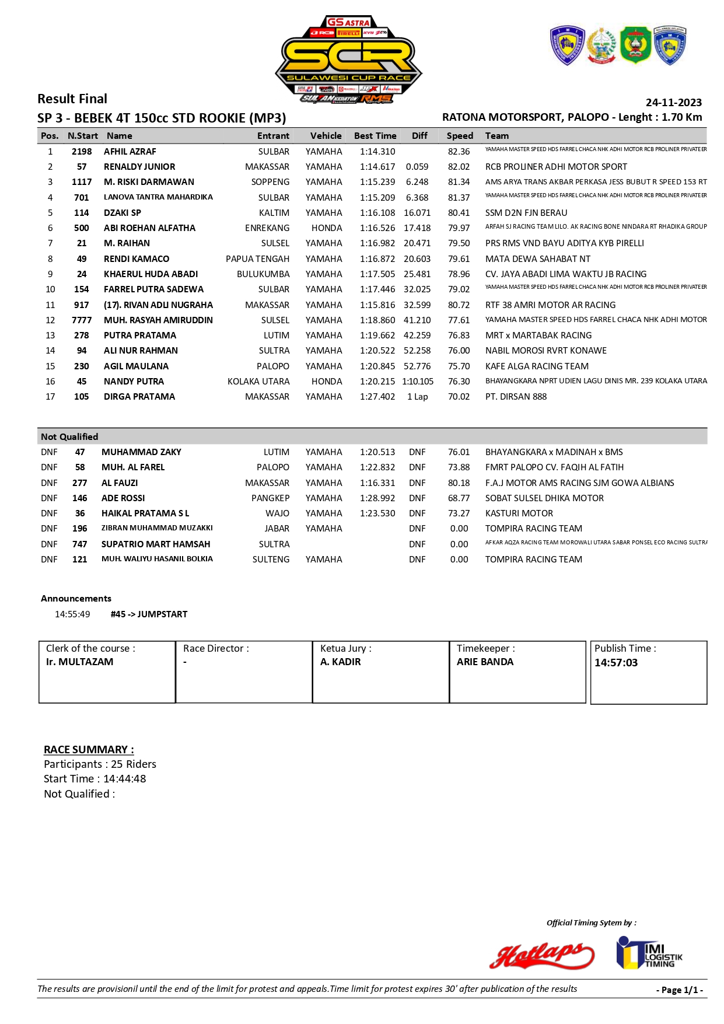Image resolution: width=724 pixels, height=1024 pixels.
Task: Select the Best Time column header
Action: (x=375, y=136)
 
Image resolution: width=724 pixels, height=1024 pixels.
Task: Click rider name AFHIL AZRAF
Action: (x=130, y=152)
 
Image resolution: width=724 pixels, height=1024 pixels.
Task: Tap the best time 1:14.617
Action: (x=377, y=167)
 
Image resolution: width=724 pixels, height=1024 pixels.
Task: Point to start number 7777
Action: (x=82, y=320)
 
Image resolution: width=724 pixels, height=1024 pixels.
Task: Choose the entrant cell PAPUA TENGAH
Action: (x=257, y=259)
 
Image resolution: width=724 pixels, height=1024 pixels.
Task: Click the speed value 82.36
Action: (x=459, y=152)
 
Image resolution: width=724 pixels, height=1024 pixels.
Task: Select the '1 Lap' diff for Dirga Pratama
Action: (x=418, y=397)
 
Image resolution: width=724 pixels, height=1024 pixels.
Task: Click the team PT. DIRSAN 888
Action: (x=516, y=397)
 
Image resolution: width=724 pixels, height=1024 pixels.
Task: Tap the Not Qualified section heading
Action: (x=69, y=437)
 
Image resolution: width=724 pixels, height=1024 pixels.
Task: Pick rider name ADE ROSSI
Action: (x=123, y=498)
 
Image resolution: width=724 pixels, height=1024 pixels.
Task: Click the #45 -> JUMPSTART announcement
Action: (x=149, y=614)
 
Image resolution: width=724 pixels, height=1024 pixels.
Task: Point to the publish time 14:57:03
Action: (x=616, y=663)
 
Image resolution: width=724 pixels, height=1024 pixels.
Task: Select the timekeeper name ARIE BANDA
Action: (x=485, y=662)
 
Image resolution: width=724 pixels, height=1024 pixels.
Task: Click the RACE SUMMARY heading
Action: (x=89, y=750)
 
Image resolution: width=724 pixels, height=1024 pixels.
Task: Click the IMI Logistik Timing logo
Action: (x=649, y=953)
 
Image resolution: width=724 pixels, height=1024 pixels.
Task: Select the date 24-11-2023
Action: (x=673, y=103)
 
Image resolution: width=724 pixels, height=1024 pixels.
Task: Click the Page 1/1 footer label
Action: (x=680, y=990)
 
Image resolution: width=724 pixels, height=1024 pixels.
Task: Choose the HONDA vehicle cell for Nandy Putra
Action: (x=327, y=382)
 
